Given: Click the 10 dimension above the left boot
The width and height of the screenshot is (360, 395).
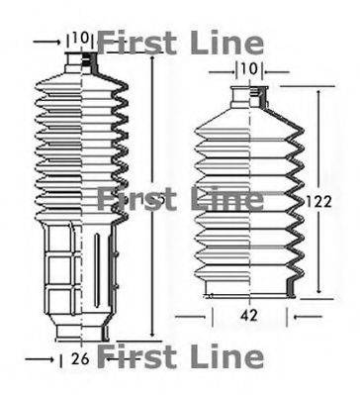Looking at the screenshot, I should pyautogui.click(x=80, y=40).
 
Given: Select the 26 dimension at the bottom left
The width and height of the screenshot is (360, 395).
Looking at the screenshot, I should pyautogui.click(x=81, y=357).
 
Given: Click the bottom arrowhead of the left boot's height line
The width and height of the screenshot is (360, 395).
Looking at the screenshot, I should pyautogui.click(x=151, y=334).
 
